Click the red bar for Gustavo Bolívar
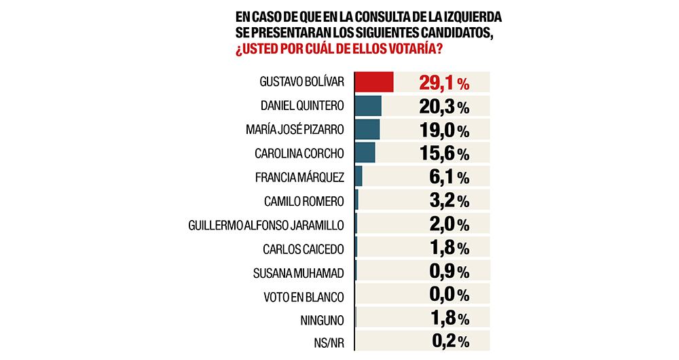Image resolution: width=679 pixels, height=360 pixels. point(374,82)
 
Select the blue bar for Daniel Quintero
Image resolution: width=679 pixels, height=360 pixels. point(368,106)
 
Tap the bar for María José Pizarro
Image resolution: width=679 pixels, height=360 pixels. point(367,130)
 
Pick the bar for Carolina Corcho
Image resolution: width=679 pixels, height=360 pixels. point(365,154)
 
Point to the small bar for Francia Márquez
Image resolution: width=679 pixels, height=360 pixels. point(359,177)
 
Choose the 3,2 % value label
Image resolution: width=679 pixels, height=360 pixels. point(449,201)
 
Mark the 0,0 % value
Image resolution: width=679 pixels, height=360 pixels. point(449,295)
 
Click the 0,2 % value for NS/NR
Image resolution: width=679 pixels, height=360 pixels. point(449,342)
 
